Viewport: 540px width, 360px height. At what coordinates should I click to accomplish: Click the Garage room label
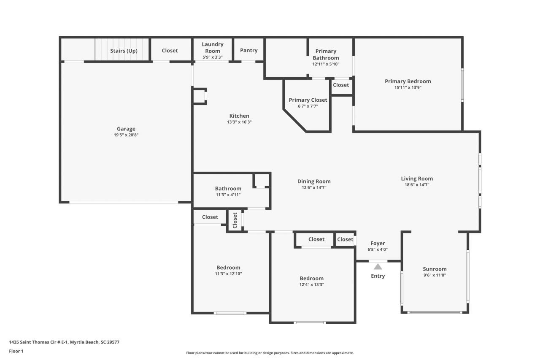point(126,129)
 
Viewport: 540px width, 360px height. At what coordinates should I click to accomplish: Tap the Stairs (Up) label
point(124,51)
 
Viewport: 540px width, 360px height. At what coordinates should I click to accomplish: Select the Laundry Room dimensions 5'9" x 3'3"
point(213,57)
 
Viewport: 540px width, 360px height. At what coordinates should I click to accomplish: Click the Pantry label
point(248,50)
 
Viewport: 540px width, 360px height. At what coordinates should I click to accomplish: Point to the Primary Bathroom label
point(326,54)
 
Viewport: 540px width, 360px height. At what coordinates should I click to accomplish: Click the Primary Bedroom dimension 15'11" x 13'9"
point(408,88)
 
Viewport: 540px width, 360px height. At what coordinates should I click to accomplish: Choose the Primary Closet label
point(308,100)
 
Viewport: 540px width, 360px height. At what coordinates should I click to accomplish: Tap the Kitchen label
point(239,116)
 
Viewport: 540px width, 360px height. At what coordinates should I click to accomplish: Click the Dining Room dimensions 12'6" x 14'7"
point(314,188)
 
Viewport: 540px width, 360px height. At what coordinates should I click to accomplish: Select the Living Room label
point(417,179)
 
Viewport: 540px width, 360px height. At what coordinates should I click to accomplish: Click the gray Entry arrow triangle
point(378,267)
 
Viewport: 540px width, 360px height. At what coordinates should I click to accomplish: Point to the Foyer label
point(378,244)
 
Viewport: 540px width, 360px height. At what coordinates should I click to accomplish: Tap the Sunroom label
point(435,269)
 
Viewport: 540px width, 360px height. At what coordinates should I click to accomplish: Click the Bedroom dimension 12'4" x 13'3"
point(312,285)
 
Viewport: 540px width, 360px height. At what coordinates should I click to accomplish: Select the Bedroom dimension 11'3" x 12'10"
point(228,274)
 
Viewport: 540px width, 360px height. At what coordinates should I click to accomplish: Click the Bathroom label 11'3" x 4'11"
point(228,189)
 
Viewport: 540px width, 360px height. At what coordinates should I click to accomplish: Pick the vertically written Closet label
point(235,220)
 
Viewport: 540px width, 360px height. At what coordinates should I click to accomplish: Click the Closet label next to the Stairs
point(170,51)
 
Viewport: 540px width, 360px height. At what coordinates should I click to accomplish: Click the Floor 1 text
point(16,351)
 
